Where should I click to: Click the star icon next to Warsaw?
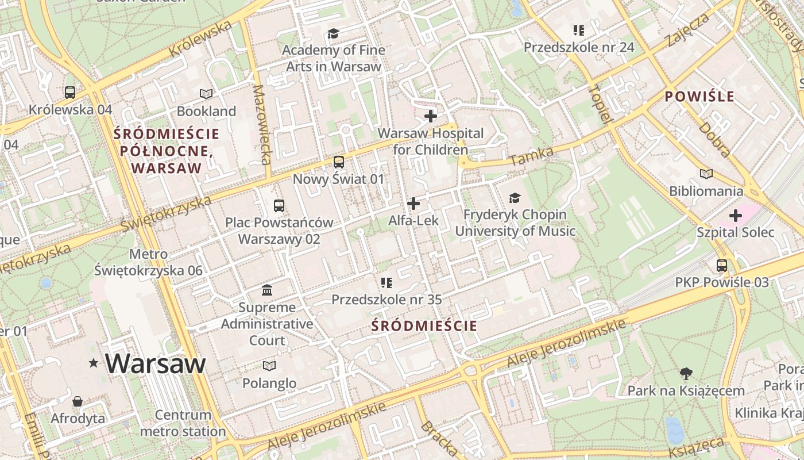94,363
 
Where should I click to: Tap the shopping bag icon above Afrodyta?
78,401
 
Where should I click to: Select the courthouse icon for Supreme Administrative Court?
267,289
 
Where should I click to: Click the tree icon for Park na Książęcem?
686,374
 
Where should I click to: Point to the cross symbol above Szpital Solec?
735,216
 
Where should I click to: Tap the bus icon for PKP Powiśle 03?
722,265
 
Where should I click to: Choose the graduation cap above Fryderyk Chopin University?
515,198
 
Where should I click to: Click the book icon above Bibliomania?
706,174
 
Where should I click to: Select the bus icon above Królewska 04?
70,92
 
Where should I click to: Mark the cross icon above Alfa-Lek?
413,204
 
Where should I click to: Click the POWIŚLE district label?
699,97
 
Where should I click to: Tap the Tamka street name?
531,156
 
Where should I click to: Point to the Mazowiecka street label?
261,125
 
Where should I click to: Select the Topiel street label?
599,103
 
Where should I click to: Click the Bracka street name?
439,439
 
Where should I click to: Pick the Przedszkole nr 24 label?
579,47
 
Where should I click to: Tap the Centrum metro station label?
183,423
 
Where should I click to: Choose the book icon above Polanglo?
269,366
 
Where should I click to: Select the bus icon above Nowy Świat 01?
339,162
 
